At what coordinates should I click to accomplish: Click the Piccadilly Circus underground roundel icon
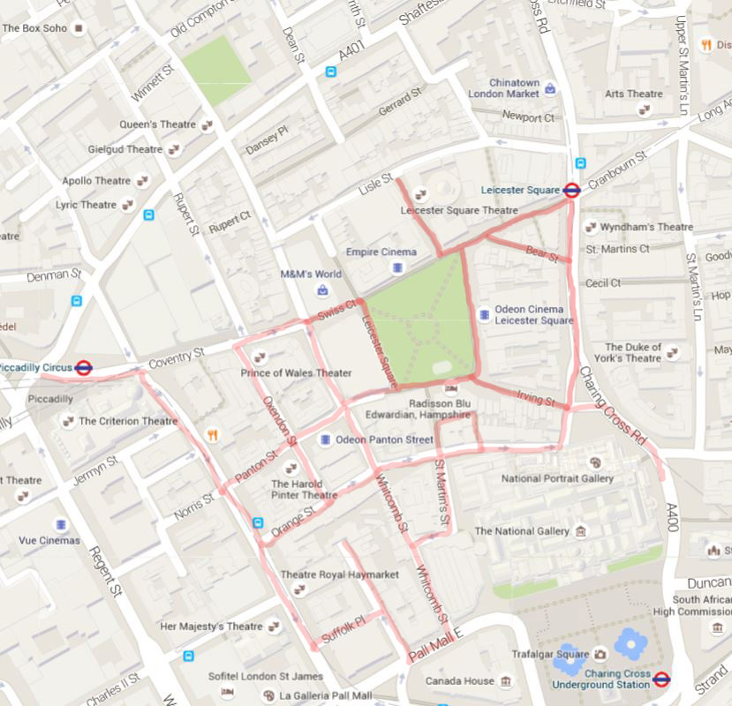click(84, 368)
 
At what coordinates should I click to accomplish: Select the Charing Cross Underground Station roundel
click(662, 679)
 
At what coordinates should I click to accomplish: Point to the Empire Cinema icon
click(399, 267)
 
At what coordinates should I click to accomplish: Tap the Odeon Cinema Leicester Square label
click(528, 315)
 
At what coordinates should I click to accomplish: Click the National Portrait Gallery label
click(556, 478)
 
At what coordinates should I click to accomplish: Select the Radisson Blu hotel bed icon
click(450, 389)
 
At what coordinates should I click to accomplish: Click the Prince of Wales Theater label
click(296, 373)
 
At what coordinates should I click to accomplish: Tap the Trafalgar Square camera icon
click(600, 654)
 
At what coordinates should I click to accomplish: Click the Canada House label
click(459, 681)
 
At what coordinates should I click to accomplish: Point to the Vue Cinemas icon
click(61, 524)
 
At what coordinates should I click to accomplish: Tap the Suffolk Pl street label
click(343, 627)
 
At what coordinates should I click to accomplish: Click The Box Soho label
click(35, 28)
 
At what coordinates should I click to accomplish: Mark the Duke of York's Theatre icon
click(673, 352)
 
